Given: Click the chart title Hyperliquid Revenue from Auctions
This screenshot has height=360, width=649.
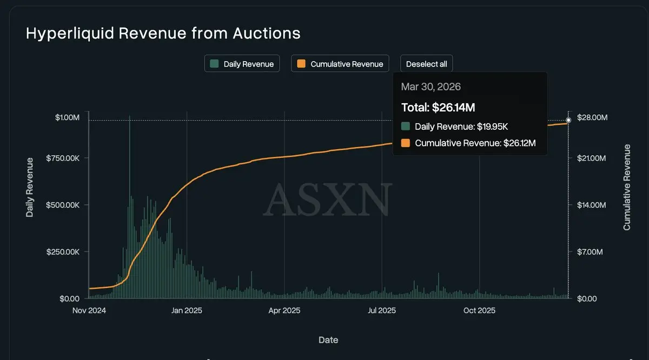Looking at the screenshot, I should tap(163, 34).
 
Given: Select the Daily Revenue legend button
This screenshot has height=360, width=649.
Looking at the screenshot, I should tap(242, 64).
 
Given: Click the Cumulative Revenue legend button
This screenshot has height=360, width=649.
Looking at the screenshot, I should tap(340, 64).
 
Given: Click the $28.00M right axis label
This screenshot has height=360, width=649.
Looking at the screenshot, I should tap(593, 117).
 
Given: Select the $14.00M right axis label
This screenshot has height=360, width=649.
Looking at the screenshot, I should tap(593, 205).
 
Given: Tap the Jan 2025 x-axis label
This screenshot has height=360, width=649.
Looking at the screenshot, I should tap(186, 311).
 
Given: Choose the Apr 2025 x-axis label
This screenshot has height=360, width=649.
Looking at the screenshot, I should tap(284, 311).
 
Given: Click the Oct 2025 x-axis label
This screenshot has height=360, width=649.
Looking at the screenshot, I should tap(479, 311).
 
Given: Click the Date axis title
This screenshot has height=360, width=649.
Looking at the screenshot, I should tap(328, 340).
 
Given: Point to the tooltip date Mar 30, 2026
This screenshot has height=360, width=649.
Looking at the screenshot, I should tap(431, 87).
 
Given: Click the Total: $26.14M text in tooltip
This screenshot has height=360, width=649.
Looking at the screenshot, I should tap(438, 108).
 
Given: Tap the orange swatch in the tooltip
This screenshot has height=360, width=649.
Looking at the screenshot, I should tap(406, 143).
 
